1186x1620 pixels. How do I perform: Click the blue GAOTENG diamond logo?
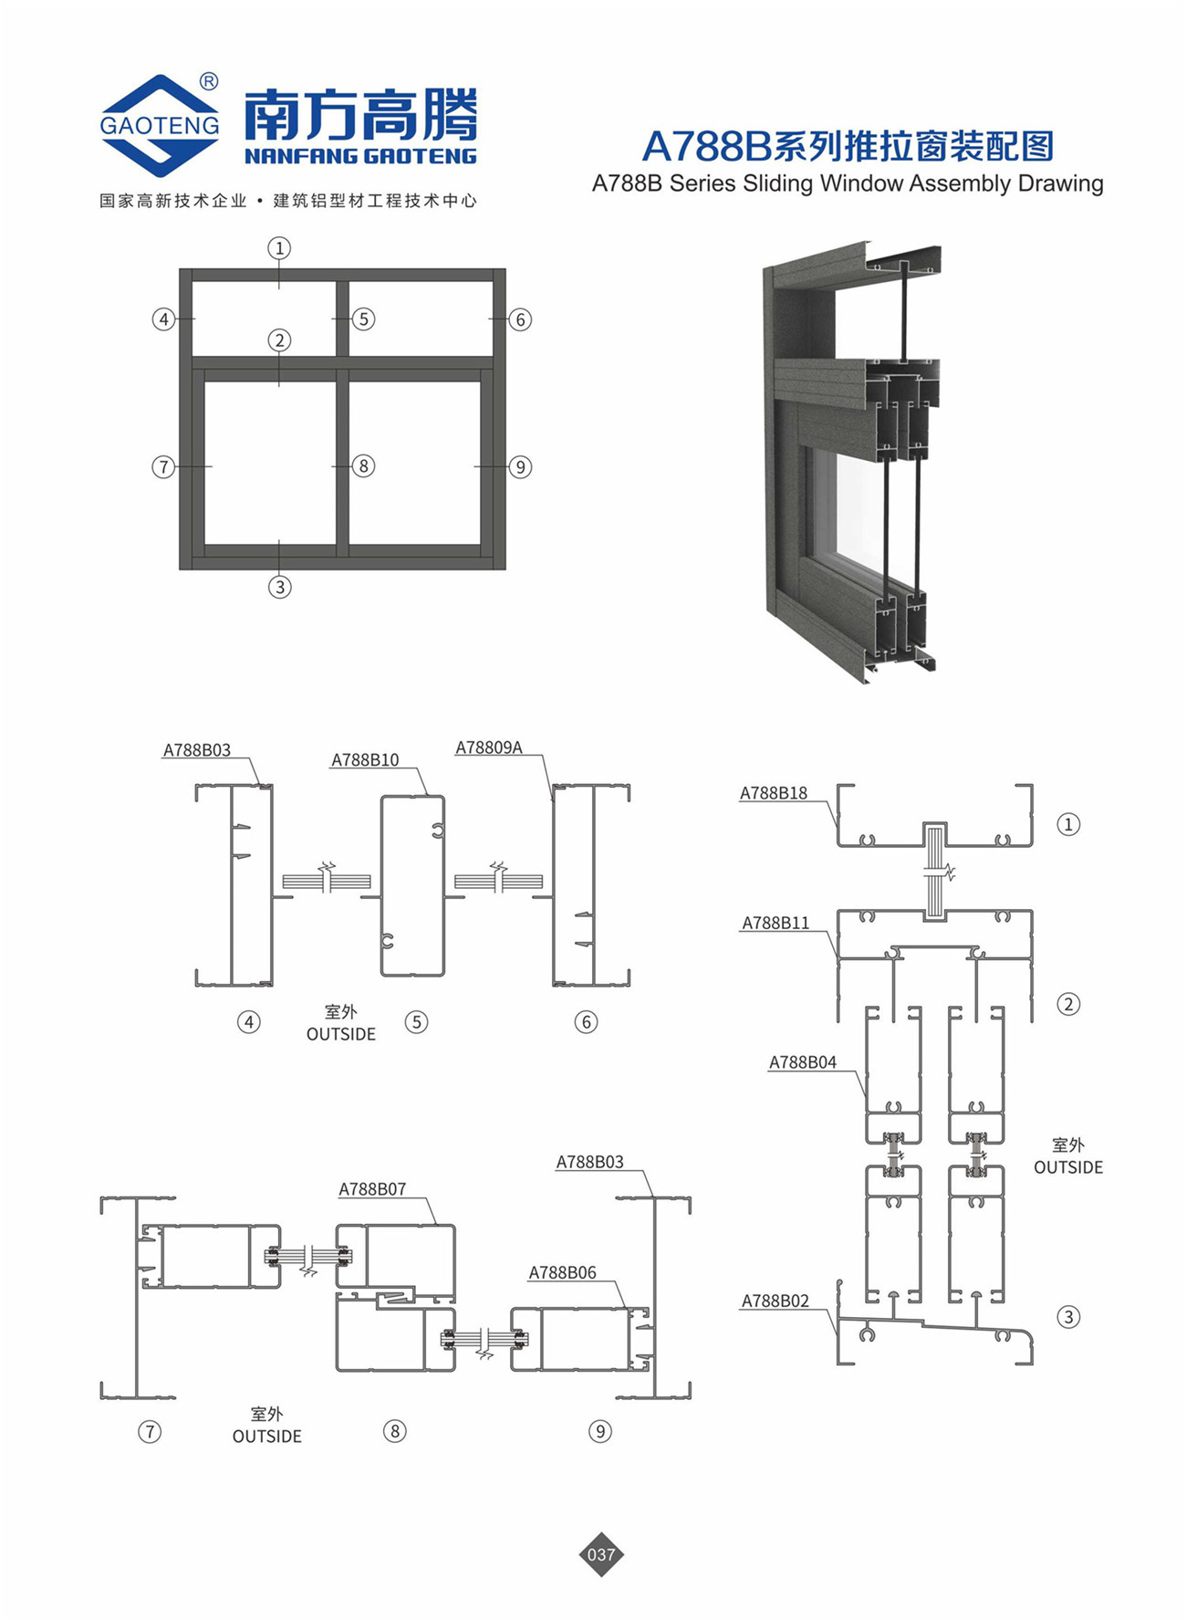tap(161, 125)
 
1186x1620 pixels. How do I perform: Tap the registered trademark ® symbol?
tap(209, 82)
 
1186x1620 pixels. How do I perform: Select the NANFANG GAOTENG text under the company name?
tap(360, 156)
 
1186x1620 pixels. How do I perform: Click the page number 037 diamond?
tap(601, 1553)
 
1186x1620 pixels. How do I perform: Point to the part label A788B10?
tap(365, 759)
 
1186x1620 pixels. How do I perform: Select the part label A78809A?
tap(489, 747)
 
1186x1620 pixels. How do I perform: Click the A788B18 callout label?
tap(774, 793)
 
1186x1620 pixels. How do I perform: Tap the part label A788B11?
tap(775, 923)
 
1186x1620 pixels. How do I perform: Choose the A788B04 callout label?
tap(803, 1061)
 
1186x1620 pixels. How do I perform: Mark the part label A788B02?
tap(775, 1301)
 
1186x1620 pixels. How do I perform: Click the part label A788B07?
tap(372, 1188)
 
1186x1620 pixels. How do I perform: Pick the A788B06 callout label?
tap(563, 1272)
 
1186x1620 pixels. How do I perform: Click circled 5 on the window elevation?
tap(363, 319)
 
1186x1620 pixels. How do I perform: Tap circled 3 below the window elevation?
tap(279, 587)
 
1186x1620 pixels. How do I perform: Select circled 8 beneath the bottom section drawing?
tap(394, 1430)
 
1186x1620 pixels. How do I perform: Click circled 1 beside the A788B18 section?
tap(1068, 824)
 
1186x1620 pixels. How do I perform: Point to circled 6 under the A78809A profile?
tap(586, 1021)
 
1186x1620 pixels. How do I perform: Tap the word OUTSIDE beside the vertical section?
tap(1068, 1167)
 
